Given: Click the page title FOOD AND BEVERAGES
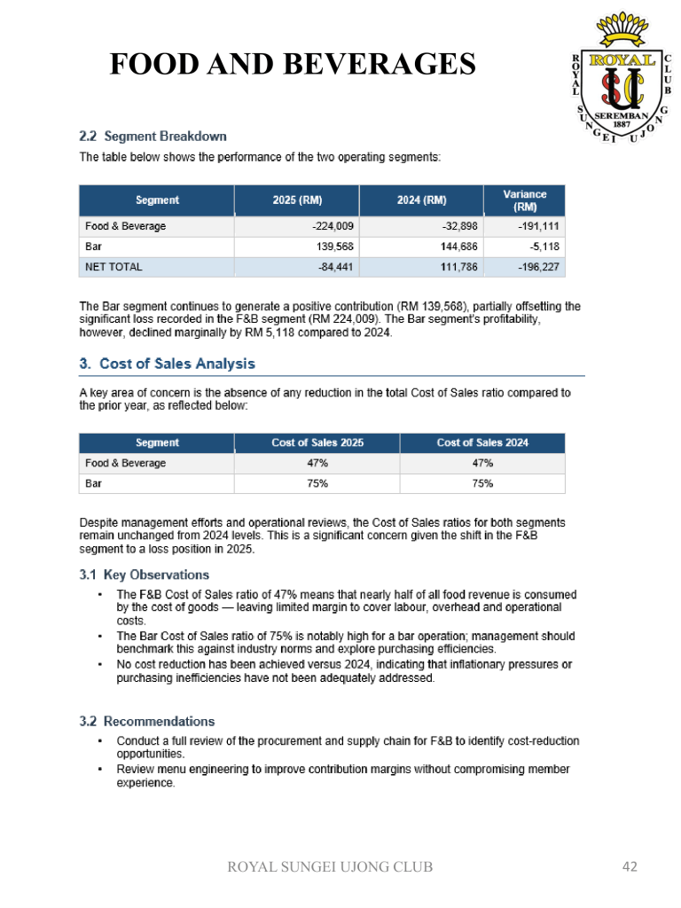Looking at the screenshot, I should pyautogui.click(x=293, y=65).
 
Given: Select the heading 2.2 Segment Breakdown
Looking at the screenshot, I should pyautogui.click(x=153, y=137).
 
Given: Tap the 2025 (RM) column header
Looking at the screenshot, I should pyautogui.click(x=297, y=200).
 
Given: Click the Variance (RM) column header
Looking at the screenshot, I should pyautogui.click(x=524, y=200).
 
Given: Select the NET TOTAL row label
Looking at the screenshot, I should pyautogui.click(x=113, y=266).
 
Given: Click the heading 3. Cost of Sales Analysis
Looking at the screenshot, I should pyautogui.click(x=167, y=364).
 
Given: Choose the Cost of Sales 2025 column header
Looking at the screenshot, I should pyautogui.click(x=317, y=442).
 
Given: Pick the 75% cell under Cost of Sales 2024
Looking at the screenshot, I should pyautogui.click(x=482, y=483).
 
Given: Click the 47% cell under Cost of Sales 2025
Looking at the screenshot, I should pyautogui.click(x=317, y=463).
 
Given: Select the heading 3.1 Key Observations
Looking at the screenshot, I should pyautogui.click(x=144, y=575).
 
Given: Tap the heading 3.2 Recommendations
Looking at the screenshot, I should pyautogui.click(x=146, y=721).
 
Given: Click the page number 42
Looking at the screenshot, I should pyautogui.click(x=629, y=866).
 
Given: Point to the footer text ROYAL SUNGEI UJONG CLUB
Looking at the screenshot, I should pyautogui.click(x=331, y=866).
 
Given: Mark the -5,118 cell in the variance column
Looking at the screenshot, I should pyautogui.click(x=542, y=246).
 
